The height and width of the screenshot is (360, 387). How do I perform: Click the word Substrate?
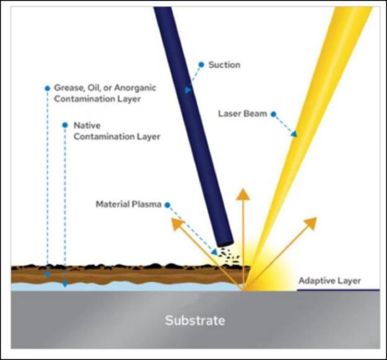click(x=195, y=320)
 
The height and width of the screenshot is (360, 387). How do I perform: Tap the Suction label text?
click(x=225, y=65)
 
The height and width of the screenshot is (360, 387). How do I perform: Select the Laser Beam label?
click(x=242, y=114)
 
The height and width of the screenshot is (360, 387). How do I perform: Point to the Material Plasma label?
click(x=128, y=204)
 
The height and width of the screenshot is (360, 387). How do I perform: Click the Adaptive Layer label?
click(x=330, y=281)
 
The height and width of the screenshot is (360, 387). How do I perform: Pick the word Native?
click(x=87, y=125)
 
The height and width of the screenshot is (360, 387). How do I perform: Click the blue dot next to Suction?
click(x=202, y=65)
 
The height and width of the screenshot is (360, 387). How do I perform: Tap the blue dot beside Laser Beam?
click(x=274, y=114)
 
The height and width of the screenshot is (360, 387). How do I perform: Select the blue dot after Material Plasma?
click(x=167, y=205)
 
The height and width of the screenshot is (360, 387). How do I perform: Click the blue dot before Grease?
click(x=47, y=88)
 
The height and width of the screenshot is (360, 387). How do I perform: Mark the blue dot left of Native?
click(x=65, y=125)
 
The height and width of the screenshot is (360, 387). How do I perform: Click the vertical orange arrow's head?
click(x=243, y=194)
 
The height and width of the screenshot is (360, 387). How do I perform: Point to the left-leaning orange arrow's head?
click(x=177, y=224)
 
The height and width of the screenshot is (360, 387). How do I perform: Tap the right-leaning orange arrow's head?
click(x=311, y=223)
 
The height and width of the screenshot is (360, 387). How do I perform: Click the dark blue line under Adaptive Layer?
click(x=338, y=290)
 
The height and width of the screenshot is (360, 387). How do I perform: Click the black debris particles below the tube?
click(x=229, y=256)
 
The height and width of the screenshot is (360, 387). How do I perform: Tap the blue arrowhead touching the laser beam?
click(x=294, y=134)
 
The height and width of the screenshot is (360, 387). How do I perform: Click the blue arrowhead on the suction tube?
click(x=189, y=90)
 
